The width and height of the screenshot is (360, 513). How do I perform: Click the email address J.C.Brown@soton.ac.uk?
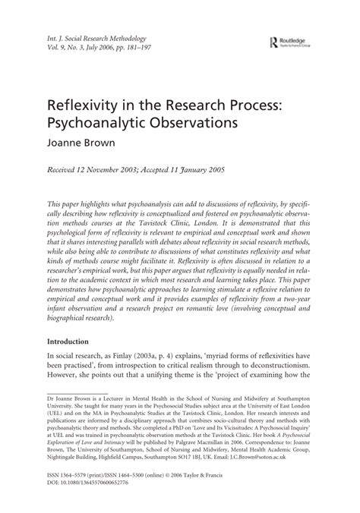click(x=290, y=459)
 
